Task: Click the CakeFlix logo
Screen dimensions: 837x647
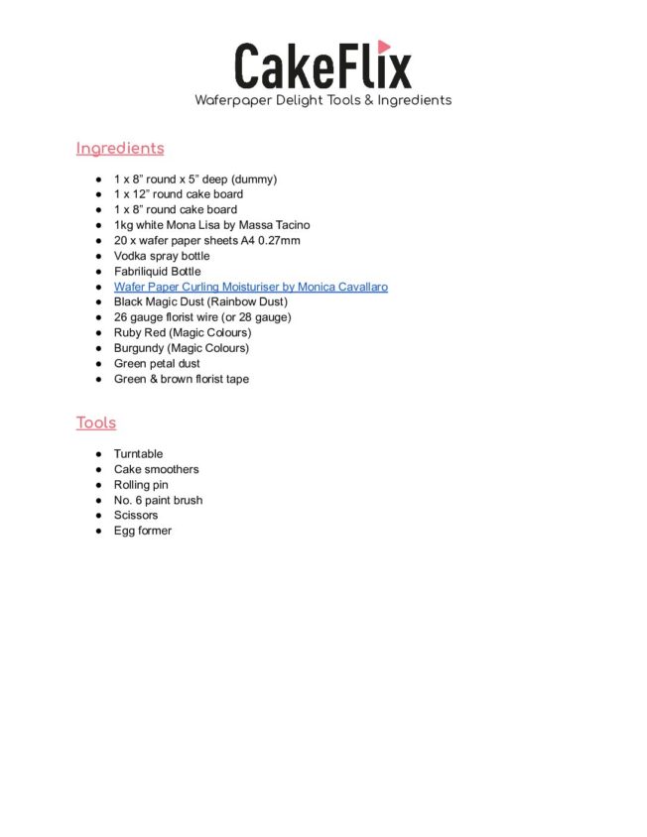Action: coord(323,65)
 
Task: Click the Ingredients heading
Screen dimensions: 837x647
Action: coord(120,149)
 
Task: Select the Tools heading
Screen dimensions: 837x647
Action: coord(96,423)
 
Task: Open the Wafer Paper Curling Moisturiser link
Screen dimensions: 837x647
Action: coord(250,287)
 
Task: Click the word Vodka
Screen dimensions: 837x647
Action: coord(130,256)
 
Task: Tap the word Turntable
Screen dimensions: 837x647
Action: coord(138,454)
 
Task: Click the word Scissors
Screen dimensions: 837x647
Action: coord(136,516)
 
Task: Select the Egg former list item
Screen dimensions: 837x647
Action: coord(142,532)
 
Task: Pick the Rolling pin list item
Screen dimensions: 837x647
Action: coord(141,485)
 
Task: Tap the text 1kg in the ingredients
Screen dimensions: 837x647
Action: coord(124,225)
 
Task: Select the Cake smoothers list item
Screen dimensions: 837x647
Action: coord(156,470)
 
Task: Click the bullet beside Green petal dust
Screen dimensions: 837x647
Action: coord(99,364)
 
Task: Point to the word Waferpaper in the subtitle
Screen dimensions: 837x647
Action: coord(237,100)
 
